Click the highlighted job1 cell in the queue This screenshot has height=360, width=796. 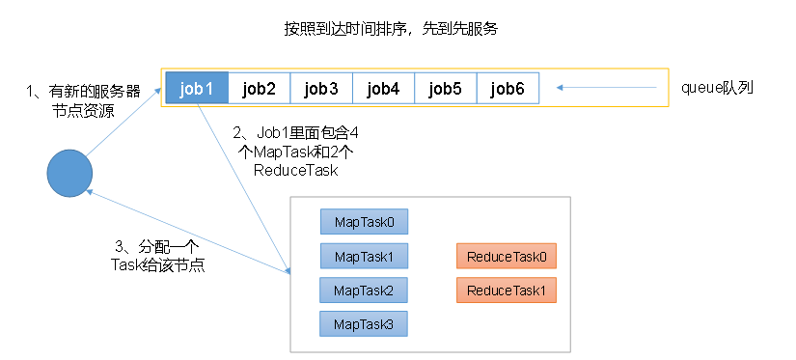[x=197, y=89]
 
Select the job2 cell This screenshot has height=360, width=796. [x=259, y=89]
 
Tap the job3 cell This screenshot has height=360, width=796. [x=321, y=89]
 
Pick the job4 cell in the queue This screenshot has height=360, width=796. [x=383, y=89]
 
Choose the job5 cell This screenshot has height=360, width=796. [x=446, y=89]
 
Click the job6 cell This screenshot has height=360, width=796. [x=508, y=89]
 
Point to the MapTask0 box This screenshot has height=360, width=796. [x=364, y=222]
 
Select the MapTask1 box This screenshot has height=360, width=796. [x=364, y=256]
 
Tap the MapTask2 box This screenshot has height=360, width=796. [x=364, y=291]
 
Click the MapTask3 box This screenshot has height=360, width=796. [x=364, y=324]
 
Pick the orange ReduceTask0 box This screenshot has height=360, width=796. [x=507, y=256]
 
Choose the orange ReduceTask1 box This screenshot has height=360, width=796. [x=507, y=291]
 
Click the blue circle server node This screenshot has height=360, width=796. [x=70, y=173]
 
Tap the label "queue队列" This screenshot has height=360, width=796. [x=717, y=88]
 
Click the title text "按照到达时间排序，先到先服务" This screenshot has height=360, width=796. [x=391, y=29]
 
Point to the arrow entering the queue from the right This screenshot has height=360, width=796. [x=607, y=88]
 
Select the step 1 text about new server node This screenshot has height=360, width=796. [x=83, y=101]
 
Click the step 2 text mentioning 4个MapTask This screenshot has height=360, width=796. [x=295, y=152]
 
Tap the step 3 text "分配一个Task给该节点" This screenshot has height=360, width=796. [x=157, y=257]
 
